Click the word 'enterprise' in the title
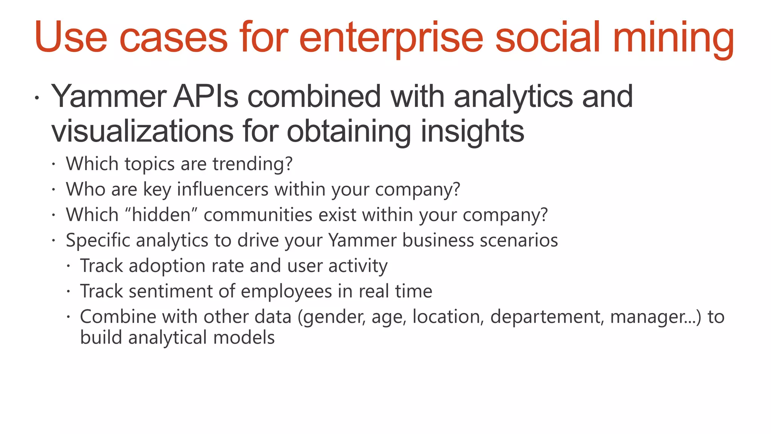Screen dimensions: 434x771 tap(391, 38)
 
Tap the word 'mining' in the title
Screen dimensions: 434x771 tap(673, 38)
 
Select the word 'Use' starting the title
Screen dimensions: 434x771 tap(71, 38)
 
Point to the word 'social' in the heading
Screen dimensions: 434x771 tap(547, 38)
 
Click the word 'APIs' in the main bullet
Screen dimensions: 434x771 tap(206, 96)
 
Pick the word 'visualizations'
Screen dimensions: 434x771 tap(142, 131)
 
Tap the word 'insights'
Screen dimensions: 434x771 tap(472, 131)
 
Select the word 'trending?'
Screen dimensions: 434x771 tap(252, 164)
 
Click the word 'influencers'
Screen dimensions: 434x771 tap(222, 189)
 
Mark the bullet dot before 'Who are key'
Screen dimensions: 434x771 tap(54, 189)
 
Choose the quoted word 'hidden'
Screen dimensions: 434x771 tap(162, 215)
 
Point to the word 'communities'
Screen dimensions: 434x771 tap(258, 215)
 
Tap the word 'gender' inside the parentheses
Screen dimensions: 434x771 tap(334, 317)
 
